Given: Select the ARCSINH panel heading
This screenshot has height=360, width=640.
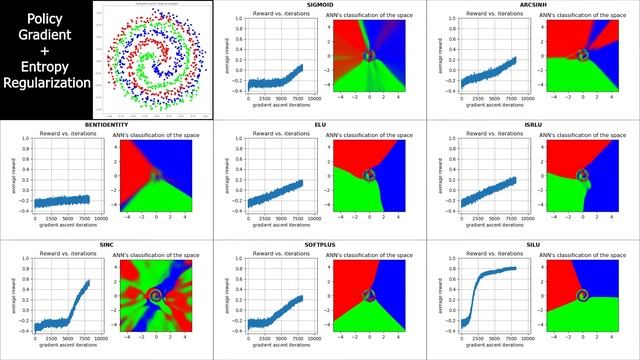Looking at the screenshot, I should pos(534,5).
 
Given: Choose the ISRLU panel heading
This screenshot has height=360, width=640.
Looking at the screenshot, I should pos(534,125).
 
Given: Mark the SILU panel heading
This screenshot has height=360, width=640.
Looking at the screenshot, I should pos(534,244).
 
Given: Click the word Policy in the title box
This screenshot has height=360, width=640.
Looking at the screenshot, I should pos(44,18).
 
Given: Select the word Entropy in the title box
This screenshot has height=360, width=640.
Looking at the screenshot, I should pos(44,65).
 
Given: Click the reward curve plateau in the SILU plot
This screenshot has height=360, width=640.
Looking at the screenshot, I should pos(500,269).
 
